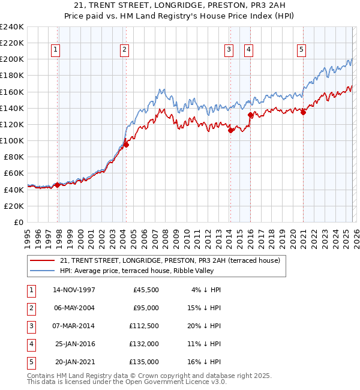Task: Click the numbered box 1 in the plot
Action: pos(55,50)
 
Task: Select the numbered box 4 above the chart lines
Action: pos(248,50)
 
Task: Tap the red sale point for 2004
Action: pos(126,145)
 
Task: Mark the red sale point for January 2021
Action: pos(303,112)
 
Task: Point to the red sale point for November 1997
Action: pos(58,185)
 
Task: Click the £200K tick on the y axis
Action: pos(12,59)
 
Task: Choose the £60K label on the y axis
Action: pos(14,173)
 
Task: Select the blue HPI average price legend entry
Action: pos(157,271)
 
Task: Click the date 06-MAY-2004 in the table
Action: pos(74,308)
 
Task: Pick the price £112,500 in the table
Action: pos(144,326)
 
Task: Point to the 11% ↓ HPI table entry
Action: pos(206,344)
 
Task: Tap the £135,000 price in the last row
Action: pos(144,362)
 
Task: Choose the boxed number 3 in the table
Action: pos(29,326)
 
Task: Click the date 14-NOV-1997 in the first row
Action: pos(74,290)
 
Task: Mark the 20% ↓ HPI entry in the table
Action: pos(206,326)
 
